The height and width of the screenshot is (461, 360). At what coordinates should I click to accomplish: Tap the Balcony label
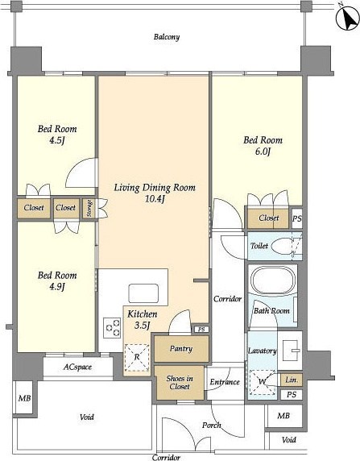coord(167,37)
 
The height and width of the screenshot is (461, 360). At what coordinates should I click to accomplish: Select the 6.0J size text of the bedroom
coord(263,152)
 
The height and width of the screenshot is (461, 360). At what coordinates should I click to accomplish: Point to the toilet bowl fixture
coord(282,246)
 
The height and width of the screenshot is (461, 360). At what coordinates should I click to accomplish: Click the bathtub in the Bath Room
coord(274,280)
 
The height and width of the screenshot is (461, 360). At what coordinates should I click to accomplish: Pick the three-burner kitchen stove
coord(112,328)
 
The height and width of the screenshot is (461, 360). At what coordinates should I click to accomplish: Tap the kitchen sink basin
coord(143,293)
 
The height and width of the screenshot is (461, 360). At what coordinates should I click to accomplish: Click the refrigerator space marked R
coord(137,357)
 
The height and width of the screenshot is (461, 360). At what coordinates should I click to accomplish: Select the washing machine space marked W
coord(263,382)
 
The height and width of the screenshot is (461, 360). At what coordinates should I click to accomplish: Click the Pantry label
coord(181,349)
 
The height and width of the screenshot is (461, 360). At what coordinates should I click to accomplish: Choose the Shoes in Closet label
coord(180,382)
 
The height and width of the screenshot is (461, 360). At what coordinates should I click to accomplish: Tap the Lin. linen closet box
coord(292,380)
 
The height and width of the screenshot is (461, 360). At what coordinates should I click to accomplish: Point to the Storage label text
coord(89,209)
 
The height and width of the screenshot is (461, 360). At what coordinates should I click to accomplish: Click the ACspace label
coord(77,367)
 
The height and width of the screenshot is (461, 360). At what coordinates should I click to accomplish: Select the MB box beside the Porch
coord(283,416)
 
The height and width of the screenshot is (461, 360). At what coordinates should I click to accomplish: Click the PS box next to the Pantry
coord(201,330)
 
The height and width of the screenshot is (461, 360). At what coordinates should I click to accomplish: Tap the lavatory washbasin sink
coord(290,350)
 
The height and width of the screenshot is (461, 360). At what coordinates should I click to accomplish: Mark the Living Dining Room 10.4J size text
coord(155,199)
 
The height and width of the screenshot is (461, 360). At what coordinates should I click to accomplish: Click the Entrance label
coord(225,382)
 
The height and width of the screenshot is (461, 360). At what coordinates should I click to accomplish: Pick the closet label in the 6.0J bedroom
coord(269,218)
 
